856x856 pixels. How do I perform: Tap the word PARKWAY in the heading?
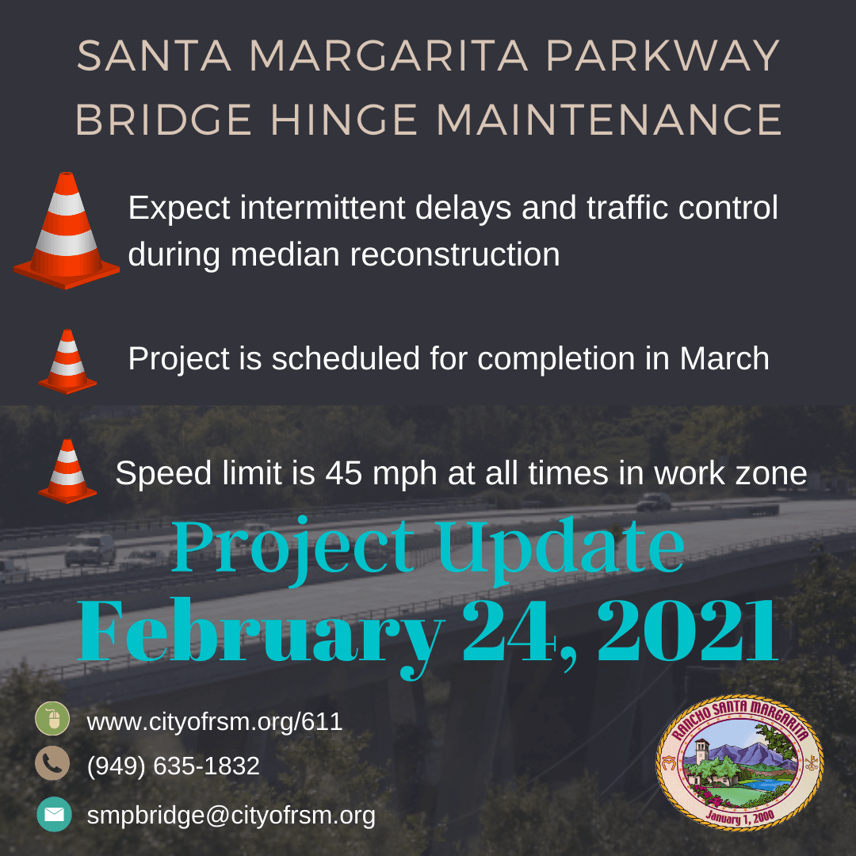point(663,55)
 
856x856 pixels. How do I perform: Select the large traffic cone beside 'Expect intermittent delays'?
point(66,231)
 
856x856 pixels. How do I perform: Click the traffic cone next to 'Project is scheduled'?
point(67,361)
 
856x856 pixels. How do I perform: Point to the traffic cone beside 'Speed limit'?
point(67,471)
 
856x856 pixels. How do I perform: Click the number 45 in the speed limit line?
point(344,472)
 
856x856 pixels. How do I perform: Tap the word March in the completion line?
point(724,359)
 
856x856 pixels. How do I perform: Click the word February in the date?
point(261,636)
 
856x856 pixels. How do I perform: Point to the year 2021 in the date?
point(687,631)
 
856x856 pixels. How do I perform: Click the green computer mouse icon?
point(52,718)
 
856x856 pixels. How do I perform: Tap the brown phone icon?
point(52,762)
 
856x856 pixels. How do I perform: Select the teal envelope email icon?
point(54,814)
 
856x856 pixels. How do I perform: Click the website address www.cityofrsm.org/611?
point(215,722)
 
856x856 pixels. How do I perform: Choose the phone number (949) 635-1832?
point(173,766)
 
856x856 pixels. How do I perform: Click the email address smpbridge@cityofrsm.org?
point(231,816)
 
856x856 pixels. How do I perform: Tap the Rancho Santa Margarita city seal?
point(739,762)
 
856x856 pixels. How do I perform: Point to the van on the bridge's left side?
point(90,549)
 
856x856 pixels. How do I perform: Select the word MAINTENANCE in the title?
point(609,120)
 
